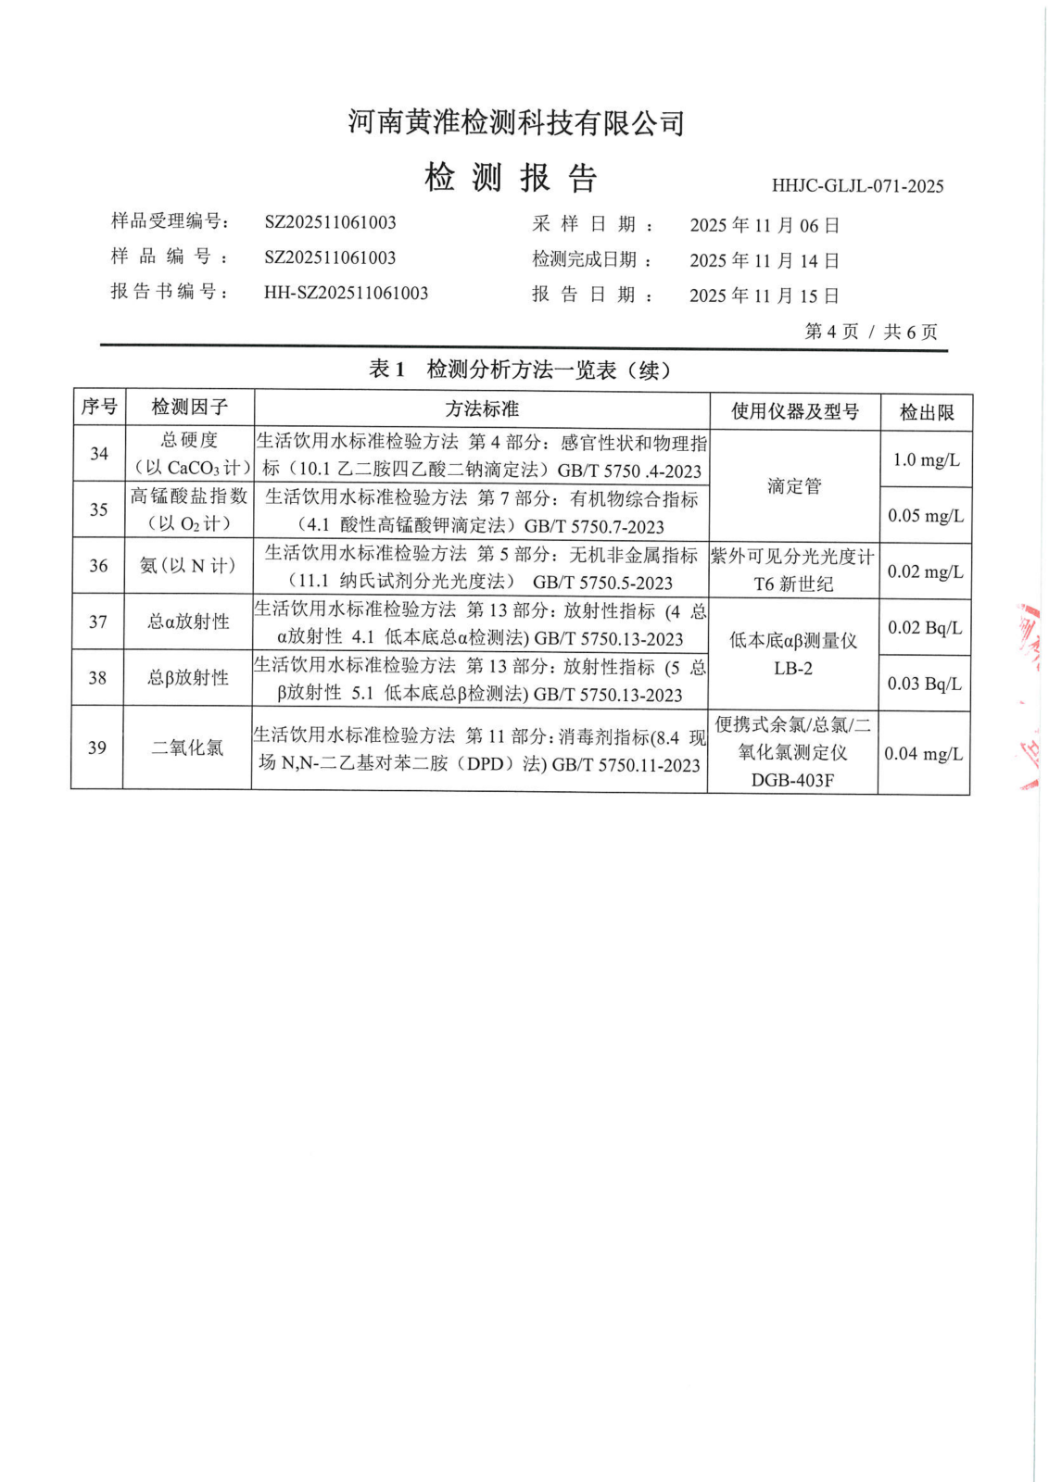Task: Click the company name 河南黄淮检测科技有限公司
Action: click(516, 122)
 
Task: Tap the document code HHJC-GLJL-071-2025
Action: click(857, 186)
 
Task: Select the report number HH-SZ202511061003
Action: click(346, 294)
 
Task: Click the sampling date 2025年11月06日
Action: click(765, 225)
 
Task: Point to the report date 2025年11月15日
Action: click(765, 295)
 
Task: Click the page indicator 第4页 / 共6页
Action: click(871, 332)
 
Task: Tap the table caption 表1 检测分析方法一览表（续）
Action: click(519, 370)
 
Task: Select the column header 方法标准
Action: click(482, 408)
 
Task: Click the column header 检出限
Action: click(926, 412)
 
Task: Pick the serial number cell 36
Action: click(98, 566)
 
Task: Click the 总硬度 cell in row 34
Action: click(189, 441)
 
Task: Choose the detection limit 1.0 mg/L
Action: click(926, 460)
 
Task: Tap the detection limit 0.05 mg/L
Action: click(926, 516)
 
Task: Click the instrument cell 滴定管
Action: click(794, 486)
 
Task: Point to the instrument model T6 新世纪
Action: click(793, 584)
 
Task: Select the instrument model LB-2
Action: click(793, 669)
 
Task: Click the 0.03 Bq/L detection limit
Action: click(924, 684)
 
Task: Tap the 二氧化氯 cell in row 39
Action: click(187, 747)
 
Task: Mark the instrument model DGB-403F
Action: click(792, 781)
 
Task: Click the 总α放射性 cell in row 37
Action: click(188, 622)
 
